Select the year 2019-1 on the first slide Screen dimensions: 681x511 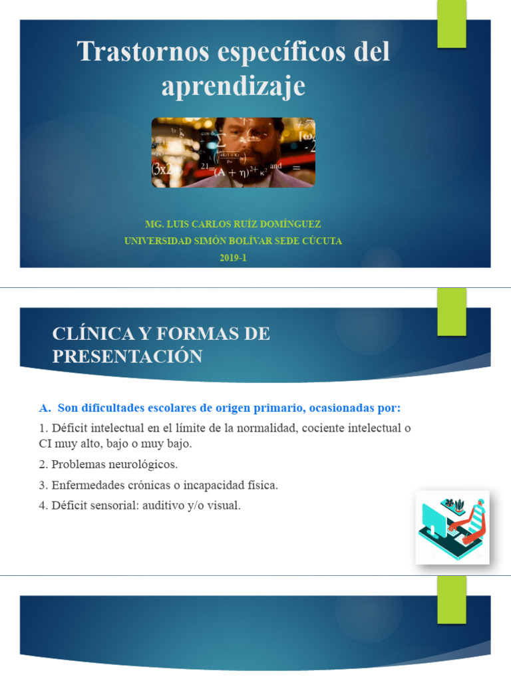click(x=233, y=257)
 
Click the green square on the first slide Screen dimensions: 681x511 click(x=451, y=24)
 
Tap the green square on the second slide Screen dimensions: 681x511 click(x=451, y=311)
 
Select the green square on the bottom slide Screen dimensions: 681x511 click(x=451, y=599)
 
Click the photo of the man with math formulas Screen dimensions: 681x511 click(x=233, y=152)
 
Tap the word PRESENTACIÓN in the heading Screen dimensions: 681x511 click(x=127, y=356)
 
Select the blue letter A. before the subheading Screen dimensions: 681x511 click(x=46, y=407)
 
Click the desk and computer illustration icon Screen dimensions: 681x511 click(x=452, y=527)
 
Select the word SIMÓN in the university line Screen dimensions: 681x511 click(x=207, y=241)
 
